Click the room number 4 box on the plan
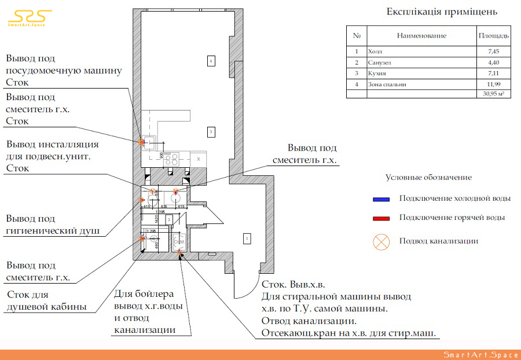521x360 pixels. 212,60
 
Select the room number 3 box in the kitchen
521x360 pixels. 212,133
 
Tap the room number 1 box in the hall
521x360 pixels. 247,238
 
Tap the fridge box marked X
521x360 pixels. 198,158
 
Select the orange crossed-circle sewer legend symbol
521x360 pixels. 381,241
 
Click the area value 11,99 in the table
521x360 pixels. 493,85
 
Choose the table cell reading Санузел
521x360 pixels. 380,63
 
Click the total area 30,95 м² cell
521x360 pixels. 493,94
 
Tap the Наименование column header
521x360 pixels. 421,36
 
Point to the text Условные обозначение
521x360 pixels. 428,178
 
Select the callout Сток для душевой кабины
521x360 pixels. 47,301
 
